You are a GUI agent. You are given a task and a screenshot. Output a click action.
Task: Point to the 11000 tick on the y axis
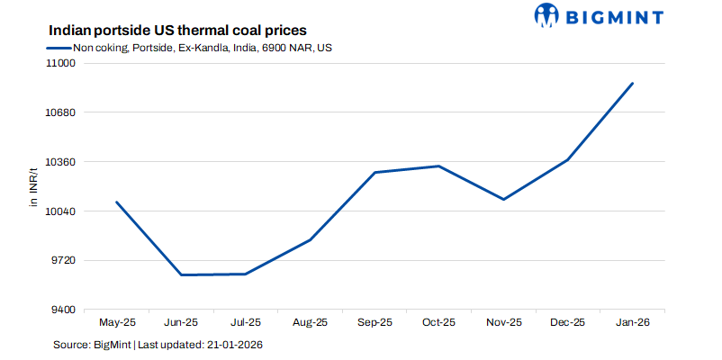pos(62,64)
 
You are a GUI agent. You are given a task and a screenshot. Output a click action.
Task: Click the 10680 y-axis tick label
pos(62,113)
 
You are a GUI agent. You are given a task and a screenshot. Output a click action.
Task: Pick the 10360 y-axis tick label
pos(62,162)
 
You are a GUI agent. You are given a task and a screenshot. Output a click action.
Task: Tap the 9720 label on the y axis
pos(65,261)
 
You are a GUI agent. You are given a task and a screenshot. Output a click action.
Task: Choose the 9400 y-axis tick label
pos(65,310)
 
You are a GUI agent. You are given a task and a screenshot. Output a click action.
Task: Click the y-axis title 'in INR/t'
pos(33,187)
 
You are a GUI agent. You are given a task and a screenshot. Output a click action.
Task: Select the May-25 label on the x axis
pos(116,322)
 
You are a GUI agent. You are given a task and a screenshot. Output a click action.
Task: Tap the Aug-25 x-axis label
pos(311,322)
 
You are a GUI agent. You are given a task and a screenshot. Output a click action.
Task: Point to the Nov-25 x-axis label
pos(504,322)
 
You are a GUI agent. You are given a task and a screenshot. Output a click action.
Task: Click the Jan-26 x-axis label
pos(633,322)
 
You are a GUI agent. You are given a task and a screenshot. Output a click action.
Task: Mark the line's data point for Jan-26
pos(633,84)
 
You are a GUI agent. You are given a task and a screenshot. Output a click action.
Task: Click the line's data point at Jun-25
pos(181,274)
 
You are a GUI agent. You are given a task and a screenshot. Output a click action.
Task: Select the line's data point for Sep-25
pos(375,172)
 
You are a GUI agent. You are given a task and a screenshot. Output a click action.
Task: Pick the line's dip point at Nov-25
pos(504,199)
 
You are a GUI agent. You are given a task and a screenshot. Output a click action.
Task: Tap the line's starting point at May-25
pos(116,202)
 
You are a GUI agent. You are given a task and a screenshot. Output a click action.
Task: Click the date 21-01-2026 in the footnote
pos(233,345)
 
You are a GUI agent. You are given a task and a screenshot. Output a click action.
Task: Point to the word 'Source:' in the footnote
pos(71,345)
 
